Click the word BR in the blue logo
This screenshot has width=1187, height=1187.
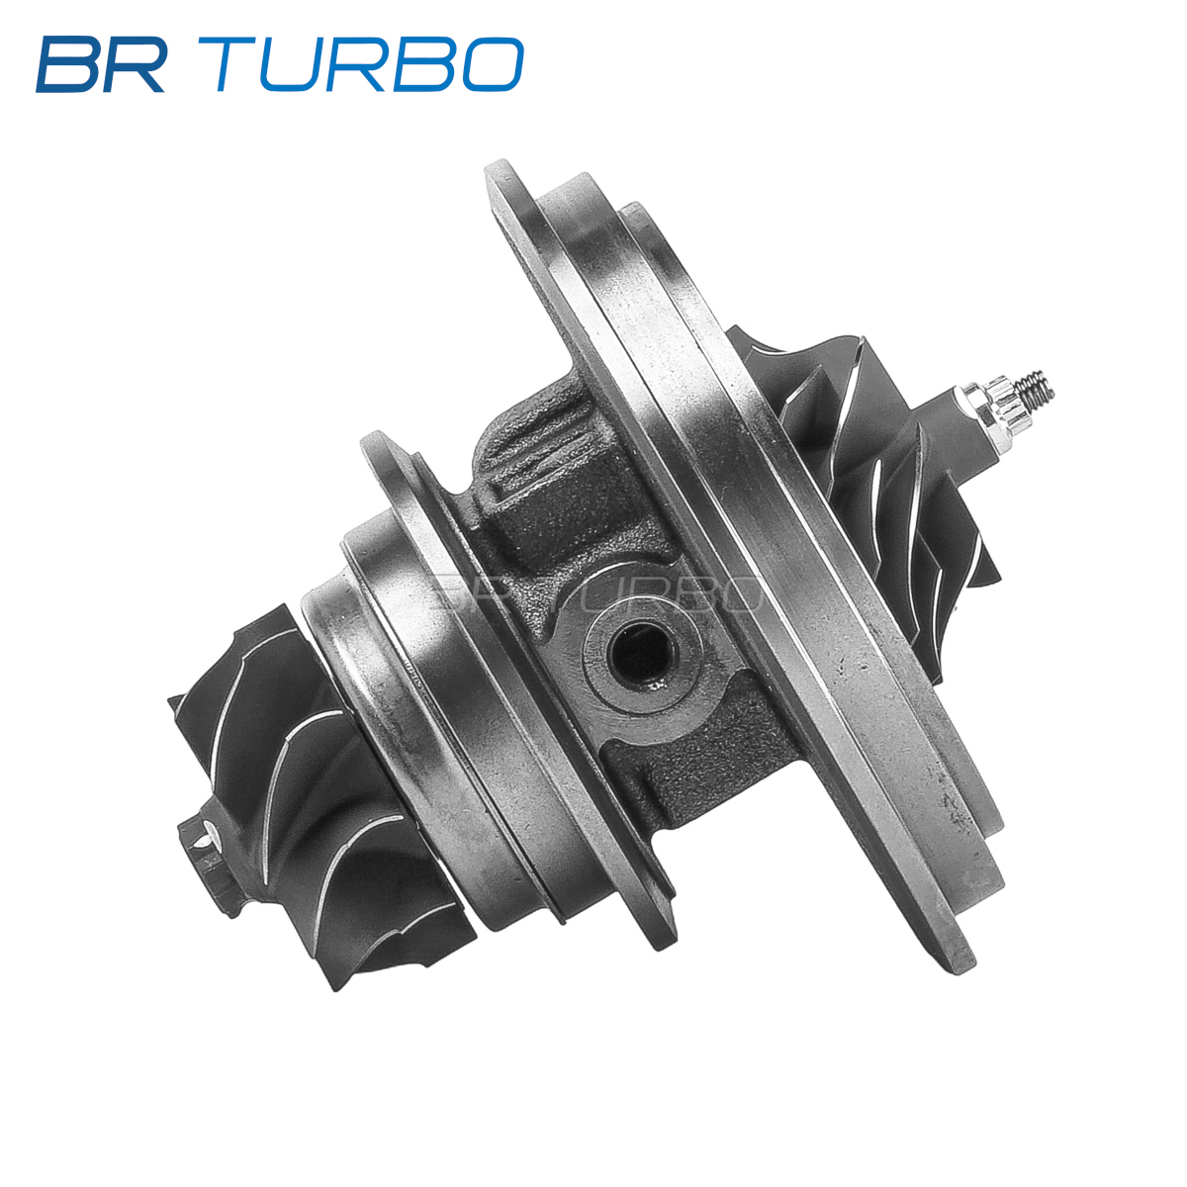point(101,64)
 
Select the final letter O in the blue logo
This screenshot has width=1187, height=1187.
point(492,64)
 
